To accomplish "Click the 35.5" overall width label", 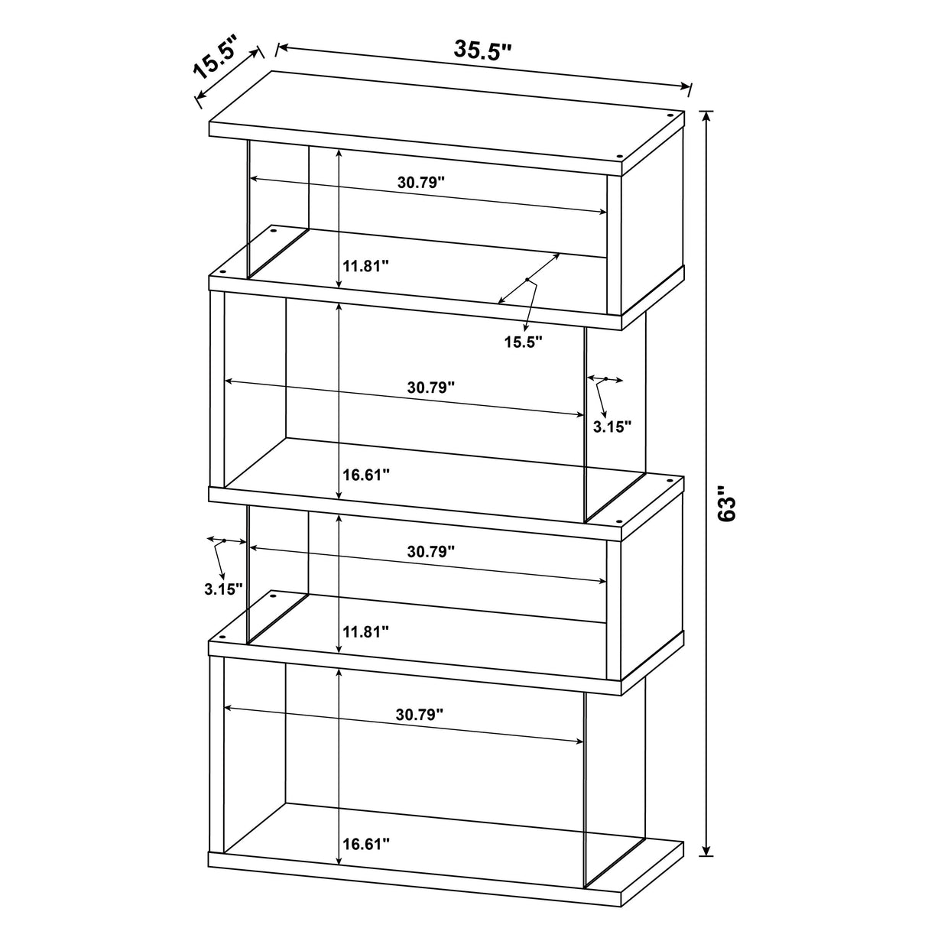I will [x=482, y=50].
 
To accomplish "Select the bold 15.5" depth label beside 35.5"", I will [x=216, y=62].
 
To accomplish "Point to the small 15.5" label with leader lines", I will [x=523, y=342].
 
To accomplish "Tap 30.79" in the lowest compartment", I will [x=420, y=715].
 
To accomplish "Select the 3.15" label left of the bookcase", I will [x=223, y=589].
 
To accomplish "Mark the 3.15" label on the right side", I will [x=612, y=427].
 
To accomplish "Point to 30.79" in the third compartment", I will [x=431, y=550].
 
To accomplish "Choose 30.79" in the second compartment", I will [x=430, y=387].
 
